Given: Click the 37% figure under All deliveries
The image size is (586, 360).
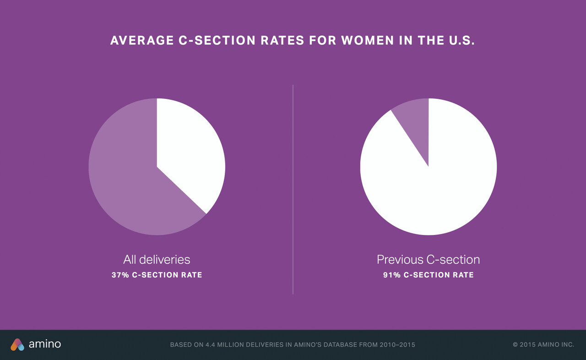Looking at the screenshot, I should click(x=120, y=275).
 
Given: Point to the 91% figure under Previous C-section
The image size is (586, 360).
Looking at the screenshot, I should click(x=392, y=275).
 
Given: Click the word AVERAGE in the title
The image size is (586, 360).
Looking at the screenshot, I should click(x=141, y=40).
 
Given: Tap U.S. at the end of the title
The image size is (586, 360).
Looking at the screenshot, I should click(x=459, y=40).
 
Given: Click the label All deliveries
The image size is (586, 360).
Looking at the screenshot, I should click(x=157, y=260).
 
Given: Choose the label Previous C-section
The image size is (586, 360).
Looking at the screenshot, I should click(x=428, y=260).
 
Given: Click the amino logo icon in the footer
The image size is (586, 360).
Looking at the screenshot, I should click(x=17, y=344).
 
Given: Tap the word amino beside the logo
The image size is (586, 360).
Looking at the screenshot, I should click(x=45, y=344).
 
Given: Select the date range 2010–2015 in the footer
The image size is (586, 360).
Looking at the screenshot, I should click(x=397, y=345).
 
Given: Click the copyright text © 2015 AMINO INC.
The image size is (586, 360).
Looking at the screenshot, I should click(x=543, y=345).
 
